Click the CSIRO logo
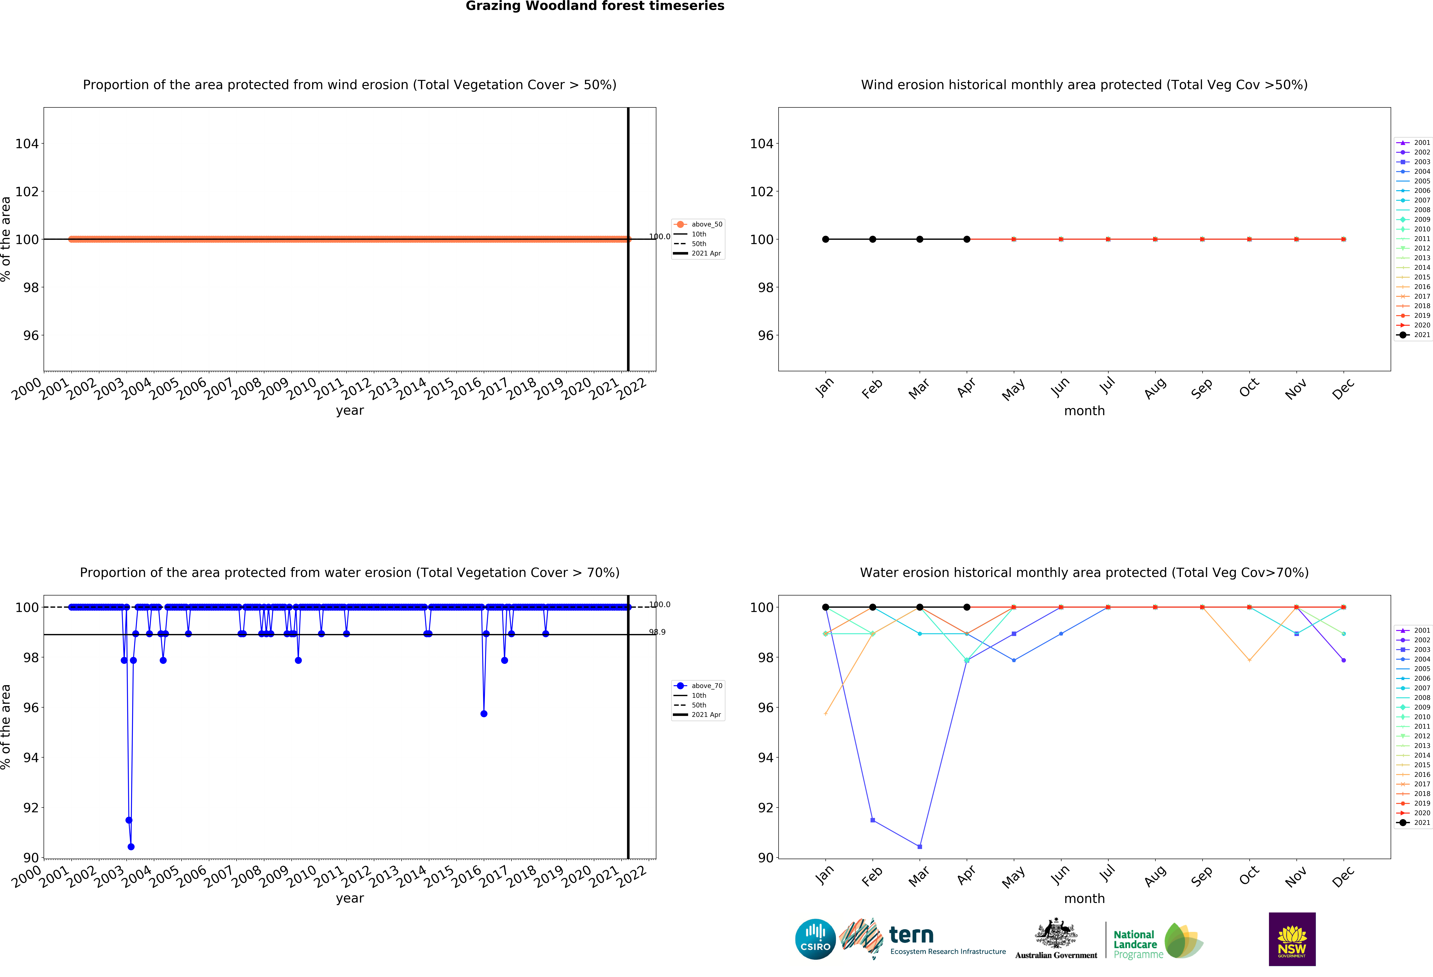(x=815, y=939)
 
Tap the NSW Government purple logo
(x=1292, y=939)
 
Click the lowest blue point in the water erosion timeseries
(x=131, y=847)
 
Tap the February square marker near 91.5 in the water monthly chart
(x=873, y=820)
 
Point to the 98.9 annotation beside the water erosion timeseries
(x=657, y=632)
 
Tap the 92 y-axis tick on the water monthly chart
(x=765, y=808)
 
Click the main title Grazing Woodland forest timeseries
(x=594, y=6)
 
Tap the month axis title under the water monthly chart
(x=1084, y=899)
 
